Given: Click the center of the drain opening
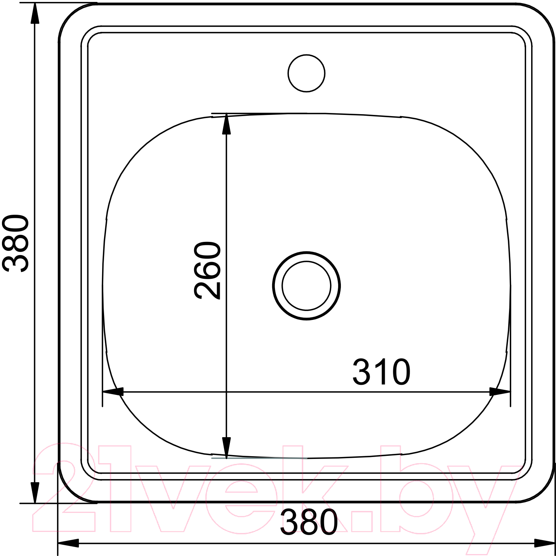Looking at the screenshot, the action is pos(306,286).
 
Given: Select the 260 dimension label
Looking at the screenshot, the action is pos(207,270).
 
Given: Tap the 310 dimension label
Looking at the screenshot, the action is pos(381,372).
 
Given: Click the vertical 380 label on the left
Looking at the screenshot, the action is pos(16,243).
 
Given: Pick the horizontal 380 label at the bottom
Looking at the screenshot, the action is pos(309,522).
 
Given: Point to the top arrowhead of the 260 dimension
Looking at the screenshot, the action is pos(226,123).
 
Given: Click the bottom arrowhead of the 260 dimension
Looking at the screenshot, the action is pos(226,448).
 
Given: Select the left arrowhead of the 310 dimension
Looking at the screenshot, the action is pos(113,392).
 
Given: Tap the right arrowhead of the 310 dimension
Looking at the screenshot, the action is pos(500,392).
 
